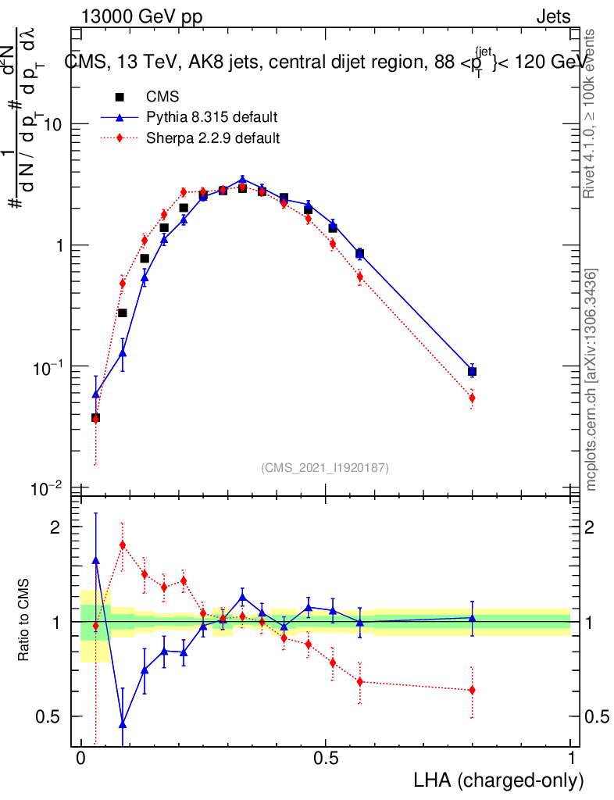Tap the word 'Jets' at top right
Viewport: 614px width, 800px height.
(x=553, y=16)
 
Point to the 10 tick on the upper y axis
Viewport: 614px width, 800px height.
(x=52, y=125)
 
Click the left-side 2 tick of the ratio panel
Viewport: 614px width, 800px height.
(x=57, y=527)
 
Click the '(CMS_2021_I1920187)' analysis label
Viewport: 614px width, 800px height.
(x=324, y=467)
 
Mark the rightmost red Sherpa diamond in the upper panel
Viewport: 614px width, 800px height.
(x=472, y=398)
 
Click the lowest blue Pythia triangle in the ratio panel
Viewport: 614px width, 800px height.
(x=122, y=723)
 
